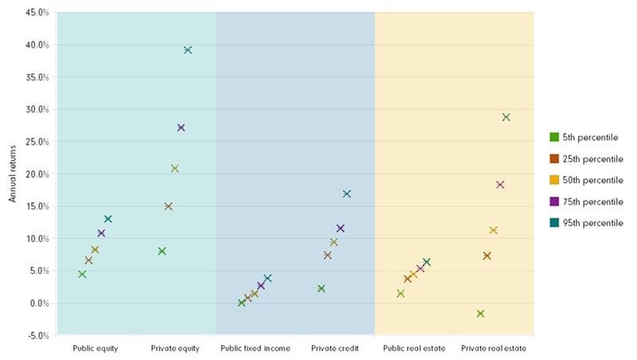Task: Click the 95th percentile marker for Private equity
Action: click(188, 50)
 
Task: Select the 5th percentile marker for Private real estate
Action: click(480, 314)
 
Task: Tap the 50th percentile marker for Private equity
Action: click(175, 169)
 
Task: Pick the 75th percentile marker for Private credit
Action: click(341, 229)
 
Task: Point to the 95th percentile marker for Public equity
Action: click(108, 219)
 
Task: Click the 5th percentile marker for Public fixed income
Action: click(242, 303)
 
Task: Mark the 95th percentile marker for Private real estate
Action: click(506, 117)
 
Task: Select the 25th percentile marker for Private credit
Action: click(327, 256)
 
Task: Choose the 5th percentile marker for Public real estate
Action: click(401, 294)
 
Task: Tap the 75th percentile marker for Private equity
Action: click(182, 127)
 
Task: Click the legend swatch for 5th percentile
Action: click(554, 138)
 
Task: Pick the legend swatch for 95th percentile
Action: click(554, 224)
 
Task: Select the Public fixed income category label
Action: click(255, 349)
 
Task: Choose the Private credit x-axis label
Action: click(334, 349)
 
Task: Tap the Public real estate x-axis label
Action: click(414, 349)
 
